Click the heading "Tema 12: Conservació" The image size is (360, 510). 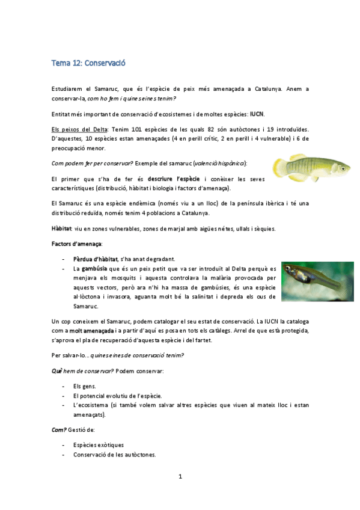[88, 63]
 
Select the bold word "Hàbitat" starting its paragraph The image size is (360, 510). [62, 229]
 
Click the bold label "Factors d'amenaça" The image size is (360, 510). [76, 244]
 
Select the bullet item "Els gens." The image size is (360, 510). [84, 386]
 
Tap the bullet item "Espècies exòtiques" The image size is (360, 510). [99, 445]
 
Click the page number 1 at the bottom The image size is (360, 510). [180, 477]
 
